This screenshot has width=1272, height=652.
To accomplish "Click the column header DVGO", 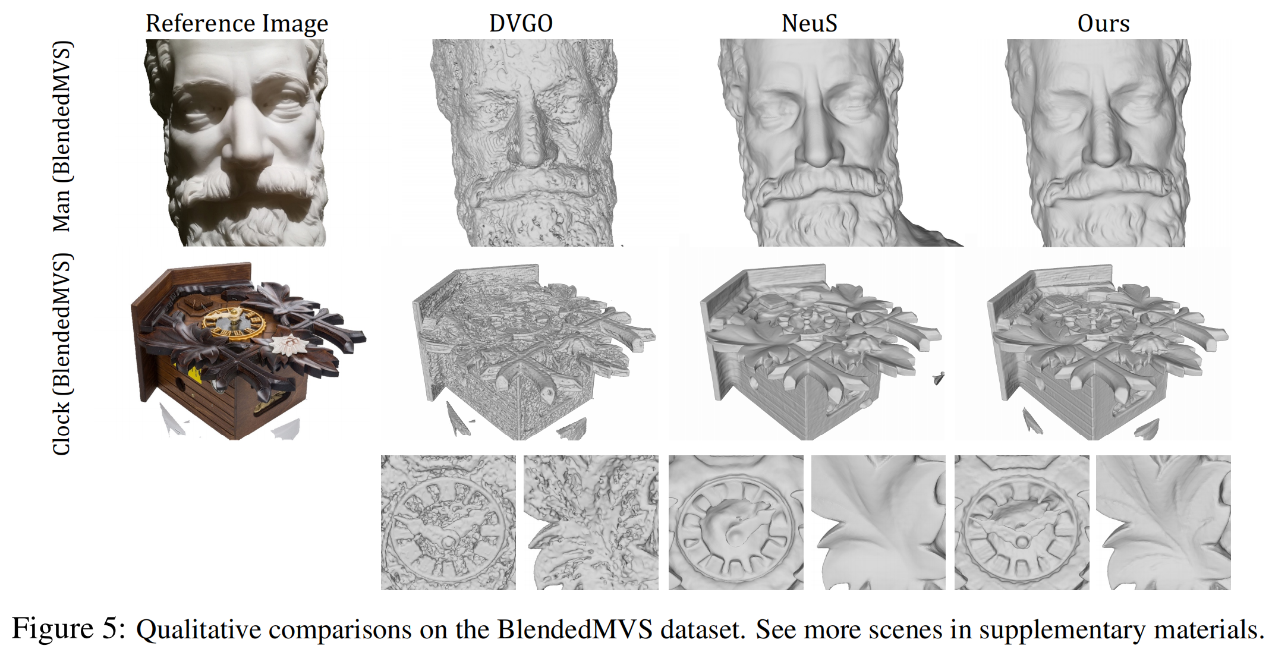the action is (x=521, y=23).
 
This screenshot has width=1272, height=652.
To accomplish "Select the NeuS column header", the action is (x=809, y=23).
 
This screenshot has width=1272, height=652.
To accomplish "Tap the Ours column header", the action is (x=1103, y=23).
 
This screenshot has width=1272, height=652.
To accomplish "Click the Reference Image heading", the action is (x=237, y=24).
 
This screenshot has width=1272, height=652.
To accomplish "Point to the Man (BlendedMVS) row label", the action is (x=62, y=136).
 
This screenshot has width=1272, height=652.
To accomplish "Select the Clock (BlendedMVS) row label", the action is (x=62, y=354).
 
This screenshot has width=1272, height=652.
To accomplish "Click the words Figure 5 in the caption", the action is (x=68, y=629).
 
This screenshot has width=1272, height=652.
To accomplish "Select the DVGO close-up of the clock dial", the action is (x=448, y=522).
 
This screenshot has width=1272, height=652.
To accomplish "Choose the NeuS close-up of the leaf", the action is (x=878, y=522).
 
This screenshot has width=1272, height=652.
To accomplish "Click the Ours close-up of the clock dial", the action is (x=1022, y=522).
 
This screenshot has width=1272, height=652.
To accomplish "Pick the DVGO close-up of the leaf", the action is (x=591, y=522).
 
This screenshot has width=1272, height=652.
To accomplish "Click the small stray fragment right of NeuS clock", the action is (x=939, y=378).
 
